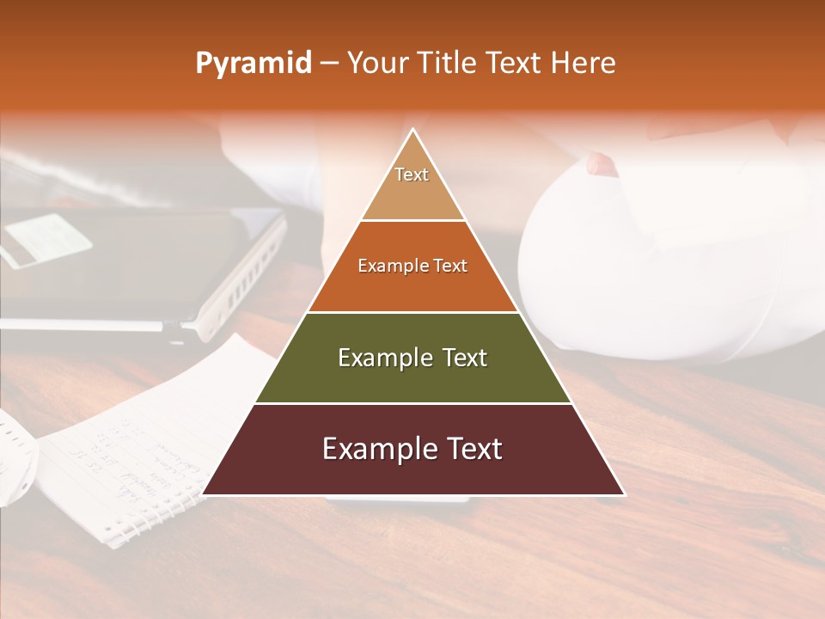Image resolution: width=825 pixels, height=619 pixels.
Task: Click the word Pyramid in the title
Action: click(x=253, y=64)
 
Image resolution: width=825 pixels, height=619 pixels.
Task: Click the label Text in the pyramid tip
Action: click(x=412, y=175)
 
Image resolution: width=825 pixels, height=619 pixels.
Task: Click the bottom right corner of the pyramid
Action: click(x=623, y=494)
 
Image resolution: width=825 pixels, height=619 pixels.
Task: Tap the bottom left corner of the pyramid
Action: click(x=203, y=494)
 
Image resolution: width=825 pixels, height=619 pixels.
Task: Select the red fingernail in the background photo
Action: click(x=602, y=164)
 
